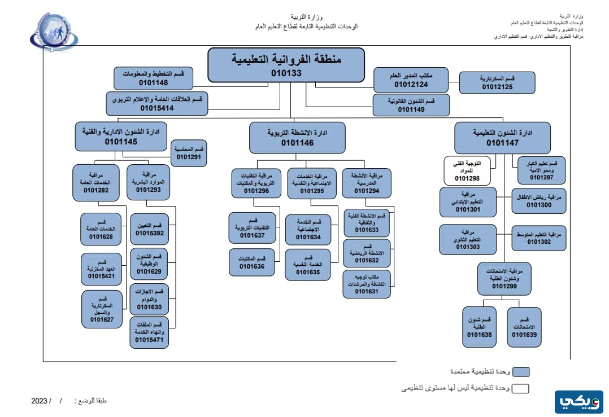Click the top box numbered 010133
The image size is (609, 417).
[x=286, y=65]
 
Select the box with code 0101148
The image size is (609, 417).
[x=153, y=78]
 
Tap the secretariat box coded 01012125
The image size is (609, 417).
[x=497, y=82]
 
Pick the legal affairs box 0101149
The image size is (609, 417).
[x=411, y=105]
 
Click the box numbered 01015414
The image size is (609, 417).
[x=157, y=103]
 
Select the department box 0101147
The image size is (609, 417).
[x=502, y=138]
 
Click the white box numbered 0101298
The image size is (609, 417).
[x=467, y=170]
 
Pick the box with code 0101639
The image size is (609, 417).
[x=524, y=327]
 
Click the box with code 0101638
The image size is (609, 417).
[x=479, y=327]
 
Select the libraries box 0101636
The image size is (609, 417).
[x=251, y=262]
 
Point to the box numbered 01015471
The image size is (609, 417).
[x=149, y=332]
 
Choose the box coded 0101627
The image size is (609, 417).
[x=102, y=308]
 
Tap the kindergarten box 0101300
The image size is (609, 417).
[x=538, y=201]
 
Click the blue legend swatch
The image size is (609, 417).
[x=520, y=372]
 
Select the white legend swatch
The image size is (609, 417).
[x=520, y=388]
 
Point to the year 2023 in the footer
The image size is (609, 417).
[x=40, y=401]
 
